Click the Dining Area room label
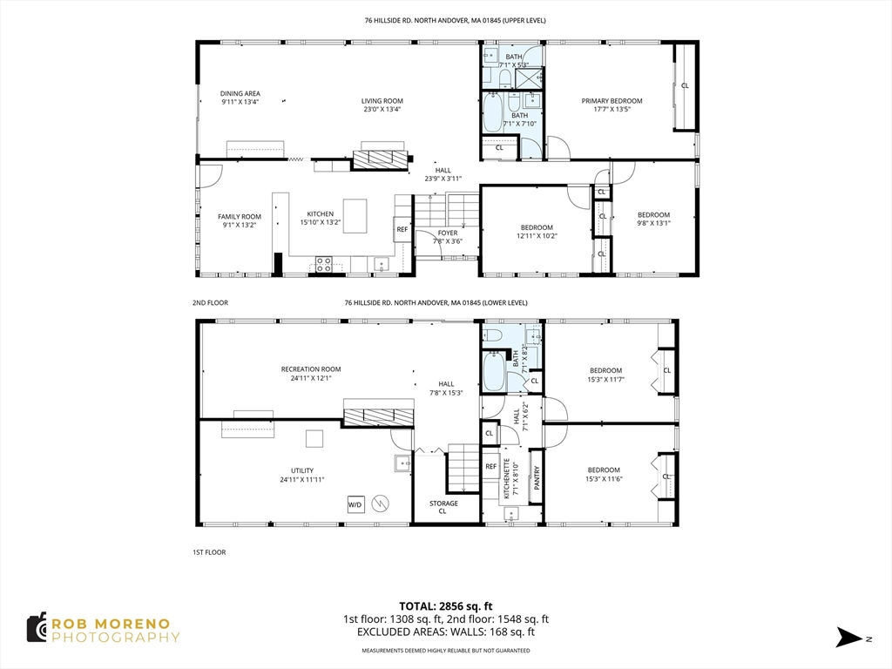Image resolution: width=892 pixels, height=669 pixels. tap(240, 98)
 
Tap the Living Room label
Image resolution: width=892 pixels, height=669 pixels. tap(382, 105)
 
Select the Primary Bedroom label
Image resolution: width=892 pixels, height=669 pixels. tap(612, 105)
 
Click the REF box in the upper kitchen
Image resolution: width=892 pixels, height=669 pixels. tap(402, 230)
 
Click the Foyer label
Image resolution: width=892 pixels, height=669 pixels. tap(447, 237)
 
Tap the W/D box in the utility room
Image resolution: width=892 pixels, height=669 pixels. tap(355, 503)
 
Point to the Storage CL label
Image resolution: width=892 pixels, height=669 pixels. tap(443, 507)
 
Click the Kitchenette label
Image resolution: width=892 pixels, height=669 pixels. tap(510, 479)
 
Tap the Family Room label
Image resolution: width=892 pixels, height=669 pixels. tap(240, 220)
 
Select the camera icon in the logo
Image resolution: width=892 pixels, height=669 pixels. tap(36, 628)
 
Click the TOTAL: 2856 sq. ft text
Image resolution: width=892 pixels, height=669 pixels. tap(446, 605)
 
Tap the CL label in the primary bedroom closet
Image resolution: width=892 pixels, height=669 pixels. tap(684, 85)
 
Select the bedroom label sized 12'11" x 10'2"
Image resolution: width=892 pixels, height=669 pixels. tap(537, 232)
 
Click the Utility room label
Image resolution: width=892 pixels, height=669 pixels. tap(301, 475)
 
